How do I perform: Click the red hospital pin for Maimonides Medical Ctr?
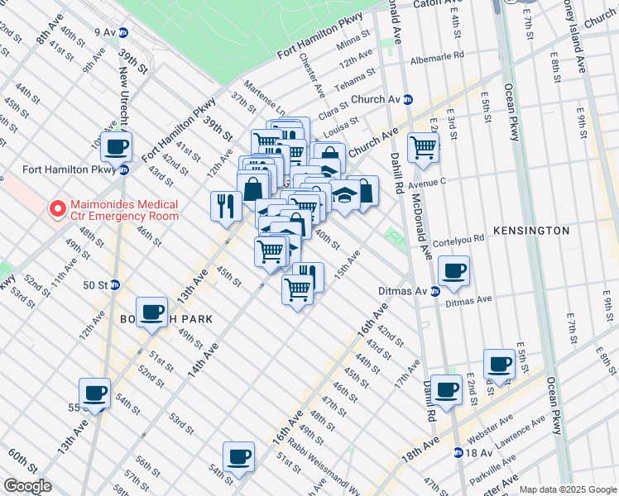point(57,209)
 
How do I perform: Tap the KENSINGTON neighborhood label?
point(531,231)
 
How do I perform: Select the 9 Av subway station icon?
point(123,32)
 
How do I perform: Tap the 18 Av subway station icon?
point(458,452)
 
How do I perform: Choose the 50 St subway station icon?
point(115,284)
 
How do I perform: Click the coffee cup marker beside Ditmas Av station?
point(453,271)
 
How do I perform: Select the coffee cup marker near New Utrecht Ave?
point(116,147)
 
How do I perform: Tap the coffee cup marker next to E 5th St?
point(500,363)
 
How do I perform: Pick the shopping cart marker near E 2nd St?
point(423,148)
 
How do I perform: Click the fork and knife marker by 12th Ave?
point(225,204)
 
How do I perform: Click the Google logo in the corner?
point(26,487)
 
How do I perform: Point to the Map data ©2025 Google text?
point(567,489)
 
